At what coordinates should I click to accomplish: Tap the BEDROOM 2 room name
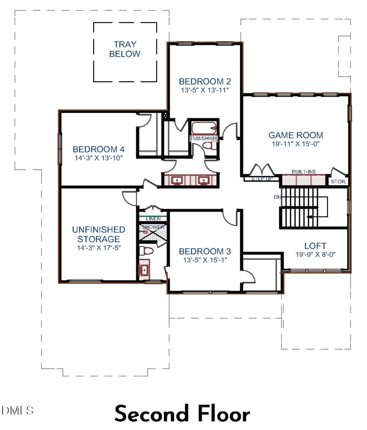pos(205,81)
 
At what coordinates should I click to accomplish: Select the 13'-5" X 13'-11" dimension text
pos(205,90)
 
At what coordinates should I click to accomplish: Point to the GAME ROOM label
pos(295,135)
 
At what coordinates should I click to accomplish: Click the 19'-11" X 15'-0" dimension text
pos(295,144)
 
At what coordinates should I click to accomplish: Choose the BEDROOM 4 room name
pos(99,149)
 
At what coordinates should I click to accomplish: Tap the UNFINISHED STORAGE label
pos(99,234)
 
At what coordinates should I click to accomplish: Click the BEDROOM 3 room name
pos(205,251)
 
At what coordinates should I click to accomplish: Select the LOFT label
pos(316,246)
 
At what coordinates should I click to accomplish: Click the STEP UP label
pos(262,179)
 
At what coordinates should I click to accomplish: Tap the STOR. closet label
pos(339,182)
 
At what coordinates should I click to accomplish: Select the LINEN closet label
pos(152,219)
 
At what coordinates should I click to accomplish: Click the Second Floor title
pos(182,413)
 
